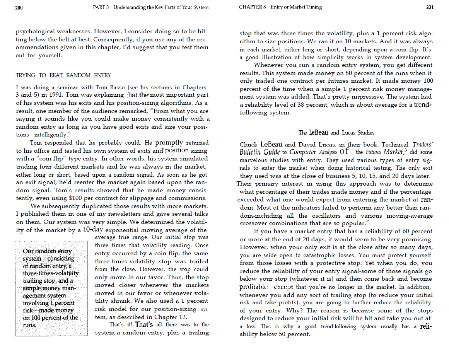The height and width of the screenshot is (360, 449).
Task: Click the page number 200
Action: (19, 7)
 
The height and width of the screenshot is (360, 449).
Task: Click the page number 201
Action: (429, 7)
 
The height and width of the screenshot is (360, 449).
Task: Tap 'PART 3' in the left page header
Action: (101, 7)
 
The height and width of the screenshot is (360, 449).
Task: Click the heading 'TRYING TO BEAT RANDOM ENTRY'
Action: (63, 75)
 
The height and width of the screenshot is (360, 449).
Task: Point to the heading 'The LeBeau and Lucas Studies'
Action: (336, 133)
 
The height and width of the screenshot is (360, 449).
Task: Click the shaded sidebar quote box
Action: (51, 288)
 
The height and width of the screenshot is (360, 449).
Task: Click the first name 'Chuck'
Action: (249, 145)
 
